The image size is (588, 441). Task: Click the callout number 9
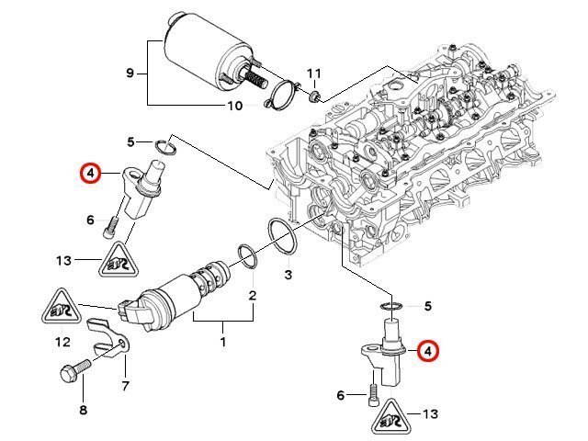click(x=130, y=73)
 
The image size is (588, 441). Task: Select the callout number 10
click(x=235, y=107)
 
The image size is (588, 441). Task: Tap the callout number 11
click(x=314, y=73)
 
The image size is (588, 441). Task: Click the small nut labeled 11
click(x=314, y=97)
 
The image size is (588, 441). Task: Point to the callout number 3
click(x=288, y=275)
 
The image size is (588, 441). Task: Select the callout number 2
click(x=253, y=296)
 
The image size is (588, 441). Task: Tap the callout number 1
click(x=223, y=342)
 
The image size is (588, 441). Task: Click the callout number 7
click(x=126, y=386)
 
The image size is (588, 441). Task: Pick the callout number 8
click(x=84, y=410)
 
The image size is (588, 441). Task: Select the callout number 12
click(x=62, y=342)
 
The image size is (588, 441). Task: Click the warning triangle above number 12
click(x=62, y=307)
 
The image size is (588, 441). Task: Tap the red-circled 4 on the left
click(x=90, y=174)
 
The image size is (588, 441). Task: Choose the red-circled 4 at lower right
click(x=428, y=351)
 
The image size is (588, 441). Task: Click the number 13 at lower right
click(x=430, y=414)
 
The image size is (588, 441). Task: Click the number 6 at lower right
click(x=340, y=395)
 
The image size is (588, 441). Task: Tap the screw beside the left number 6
click(x=110, y=227)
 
